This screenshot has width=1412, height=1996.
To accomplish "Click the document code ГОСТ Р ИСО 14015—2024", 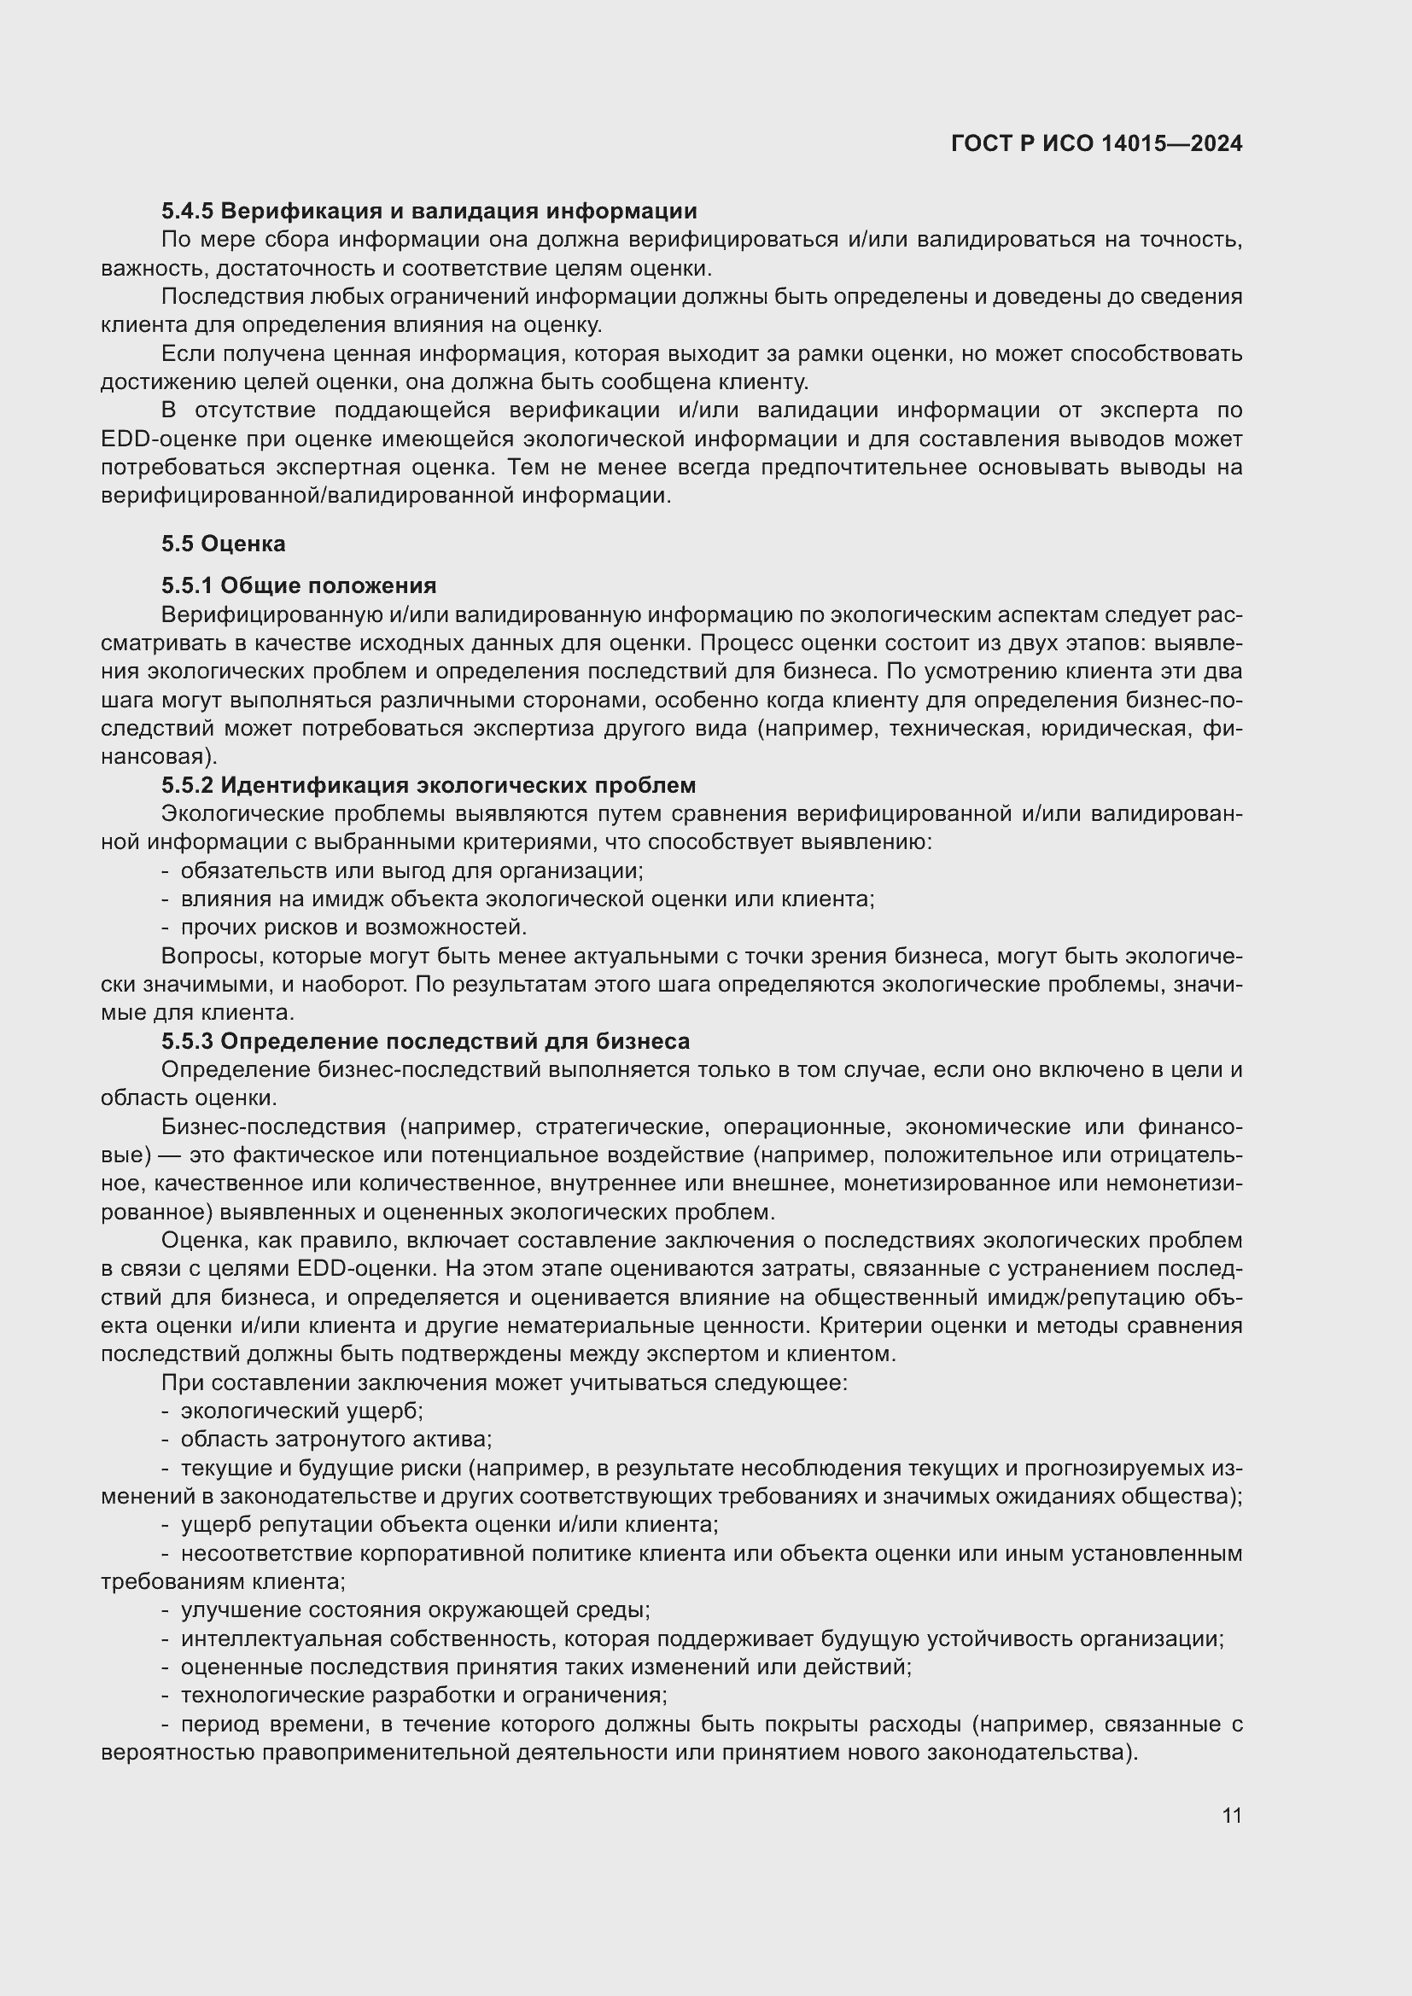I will point(1096,143).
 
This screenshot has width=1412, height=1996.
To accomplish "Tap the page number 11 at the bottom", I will point(1231,1815).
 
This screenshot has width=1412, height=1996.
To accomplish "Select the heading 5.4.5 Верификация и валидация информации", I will point(429,211).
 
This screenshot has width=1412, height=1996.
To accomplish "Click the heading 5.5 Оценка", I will point(224,544).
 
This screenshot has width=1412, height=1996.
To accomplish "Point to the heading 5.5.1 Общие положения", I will point(298,585).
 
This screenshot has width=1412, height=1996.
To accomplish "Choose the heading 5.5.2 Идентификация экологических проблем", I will point(429,785).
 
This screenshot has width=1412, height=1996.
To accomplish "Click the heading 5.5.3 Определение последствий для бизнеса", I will point(425,1040).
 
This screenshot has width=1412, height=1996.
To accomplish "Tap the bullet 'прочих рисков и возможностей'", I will point(353,927).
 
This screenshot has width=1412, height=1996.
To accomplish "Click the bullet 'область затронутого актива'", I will point(335,1439).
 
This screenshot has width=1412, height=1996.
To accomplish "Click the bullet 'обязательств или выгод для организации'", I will point(411,870).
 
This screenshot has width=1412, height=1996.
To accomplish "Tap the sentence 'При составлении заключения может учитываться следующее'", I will point(505,1382).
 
